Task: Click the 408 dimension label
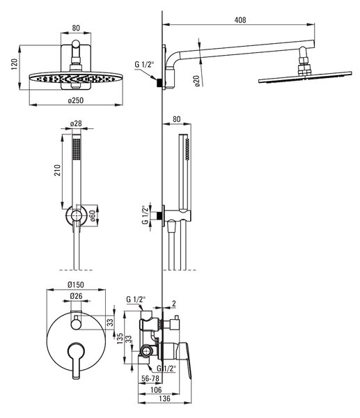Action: point(240,20)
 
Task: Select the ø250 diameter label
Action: point(76,100)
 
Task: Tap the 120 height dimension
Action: point(14,64)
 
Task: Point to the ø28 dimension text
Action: point(76,124)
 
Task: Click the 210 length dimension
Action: point(57,170)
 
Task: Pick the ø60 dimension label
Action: point(92,216)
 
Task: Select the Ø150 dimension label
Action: point(76,285)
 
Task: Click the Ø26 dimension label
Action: point(76,296)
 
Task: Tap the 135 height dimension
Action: point(120,338)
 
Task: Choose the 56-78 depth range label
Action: point(150,378)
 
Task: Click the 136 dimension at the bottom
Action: point(164,398)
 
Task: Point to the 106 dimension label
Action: point(156,389)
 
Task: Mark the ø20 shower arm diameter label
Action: point(196,81)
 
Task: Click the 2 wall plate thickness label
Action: point(174,303)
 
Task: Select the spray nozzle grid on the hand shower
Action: point(77,149)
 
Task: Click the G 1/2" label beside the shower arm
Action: point(144,64)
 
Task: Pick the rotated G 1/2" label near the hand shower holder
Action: point(146,215)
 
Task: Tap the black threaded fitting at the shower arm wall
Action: point(159,83)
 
